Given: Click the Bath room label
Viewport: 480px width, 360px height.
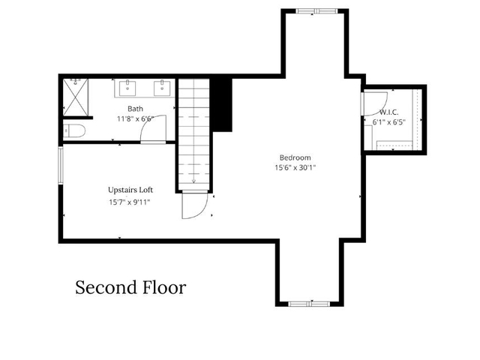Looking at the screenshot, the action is [x=135, y=109].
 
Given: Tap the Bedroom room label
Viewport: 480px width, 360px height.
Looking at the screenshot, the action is [x=295, y=158].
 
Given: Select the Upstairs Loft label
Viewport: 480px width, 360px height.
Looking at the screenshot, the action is [x=130, y=190].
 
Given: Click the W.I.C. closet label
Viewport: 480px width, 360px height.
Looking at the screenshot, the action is [x=388, y=112].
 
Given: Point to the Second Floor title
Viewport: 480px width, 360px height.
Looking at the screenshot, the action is [x=130, y=287].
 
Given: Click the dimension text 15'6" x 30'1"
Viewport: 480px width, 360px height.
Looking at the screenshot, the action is [x=295, y=168].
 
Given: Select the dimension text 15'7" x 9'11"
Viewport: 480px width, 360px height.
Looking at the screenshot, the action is [x=130, y=202].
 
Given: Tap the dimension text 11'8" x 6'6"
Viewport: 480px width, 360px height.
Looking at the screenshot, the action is [x=135, y=118].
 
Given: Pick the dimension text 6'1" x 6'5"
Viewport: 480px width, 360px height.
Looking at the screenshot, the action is [x=388, y=122].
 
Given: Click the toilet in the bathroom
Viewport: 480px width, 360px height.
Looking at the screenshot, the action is [x=73, y=131].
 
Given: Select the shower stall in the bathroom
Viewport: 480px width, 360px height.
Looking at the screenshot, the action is [x=76, y=97].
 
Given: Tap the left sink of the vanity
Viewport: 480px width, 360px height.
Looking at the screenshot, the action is [x=127, y=88].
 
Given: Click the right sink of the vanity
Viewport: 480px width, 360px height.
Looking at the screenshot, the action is [x=162, y=88].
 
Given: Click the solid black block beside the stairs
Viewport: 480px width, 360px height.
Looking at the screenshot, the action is [x=222, y=105].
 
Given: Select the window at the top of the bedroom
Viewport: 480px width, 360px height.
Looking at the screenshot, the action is [x=316, y=11].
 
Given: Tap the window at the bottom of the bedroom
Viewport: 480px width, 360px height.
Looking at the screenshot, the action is [x=309, y=304].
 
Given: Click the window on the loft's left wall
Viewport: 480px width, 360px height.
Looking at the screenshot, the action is [x=61, y=165].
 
